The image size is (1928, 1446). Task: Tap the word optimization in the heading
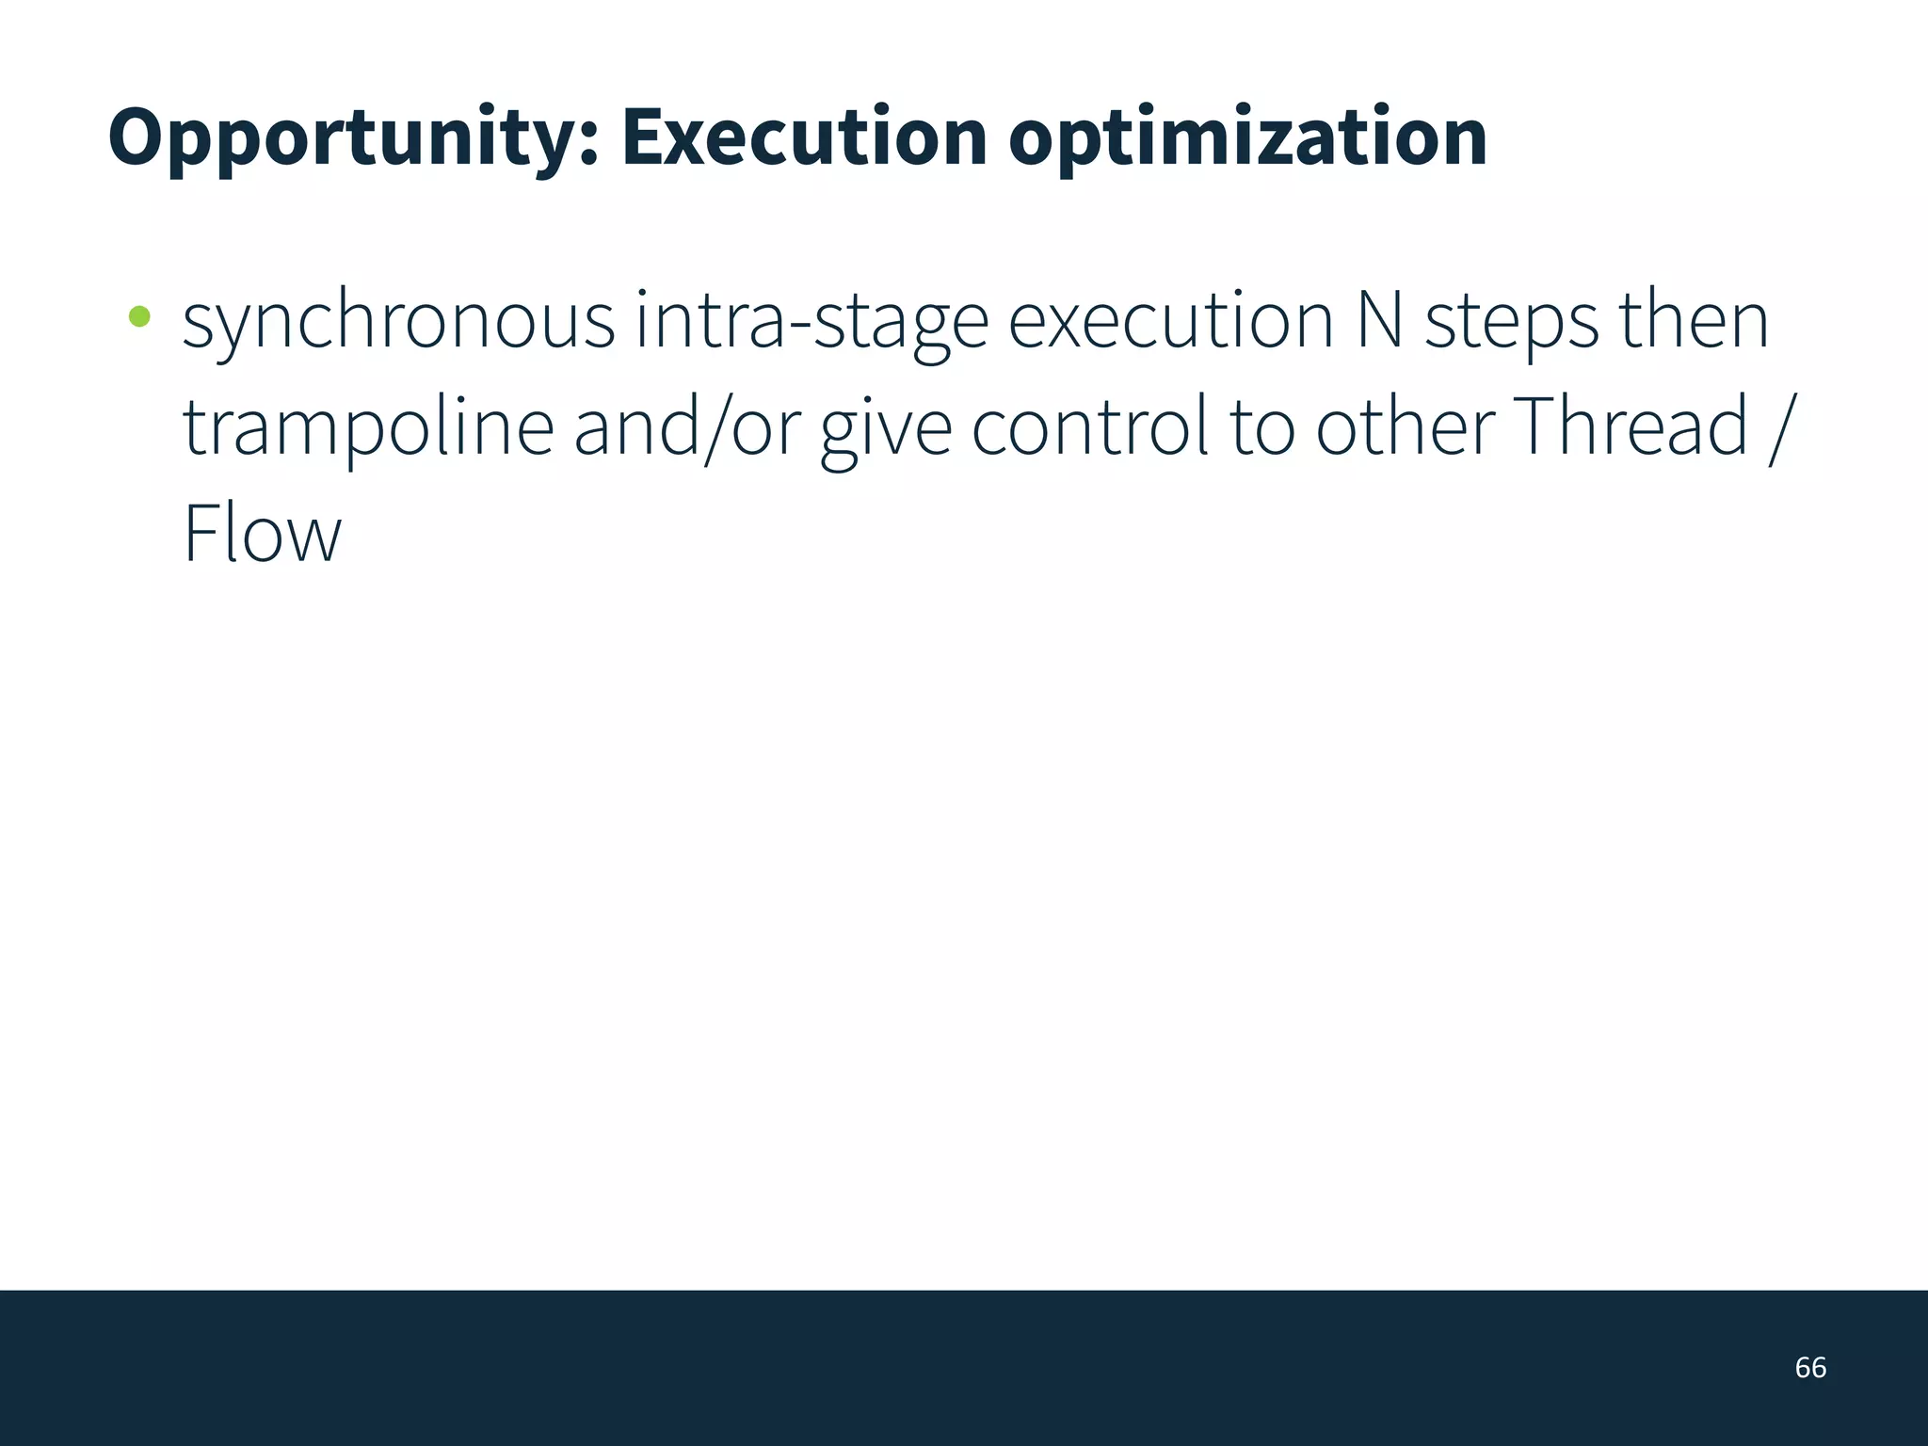coord(1247,138)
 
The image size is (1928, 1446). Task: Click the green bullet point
coord(139,316)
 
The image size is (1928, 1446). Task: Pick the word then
coord(1694,320)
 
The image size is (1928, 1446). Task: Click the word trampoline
coord(368,428)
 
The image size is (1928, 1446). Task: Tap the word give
coord(886,428)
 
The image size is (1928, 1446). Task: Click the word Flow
coord(262,534)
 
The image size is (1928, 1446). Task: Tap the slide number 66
coord(1810,1367)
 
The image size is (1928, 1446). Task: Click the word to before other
coord(1261,428)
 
